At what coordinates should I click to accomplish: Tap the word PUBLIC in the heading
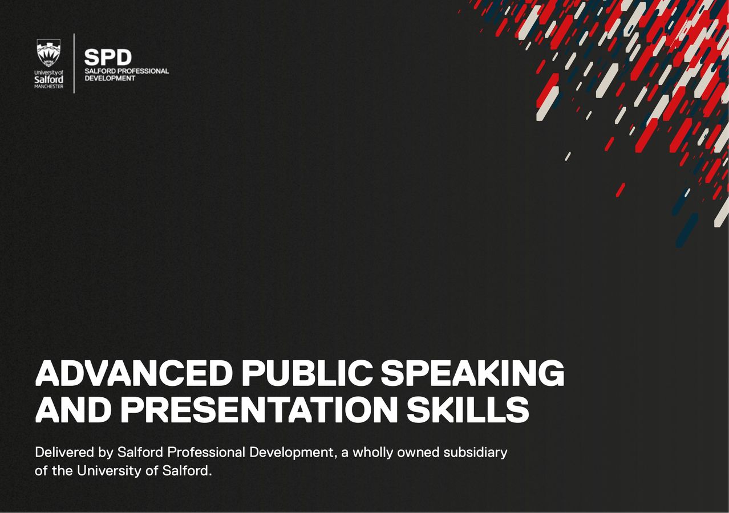pyautogui.click(x=306, y=374)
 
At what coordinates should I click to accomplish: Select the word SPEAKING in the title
pyautogui.click(x=472, y=374)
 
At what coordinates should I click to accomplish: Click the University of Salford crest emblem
pyautogui.click(x=48, y=52)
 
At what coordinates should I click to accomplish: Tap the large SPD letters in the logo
pyautogui.click(x=108, y=57)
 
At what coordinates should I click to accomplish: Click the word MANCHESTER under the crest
pyautogui.click(x=48, y=87)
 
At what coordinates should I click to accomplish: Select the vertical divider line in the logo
pyautogui.click(x=74, y=63)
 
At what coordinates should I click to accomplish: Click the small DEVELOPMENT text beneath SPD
pyautogui.click(x=110, y=78)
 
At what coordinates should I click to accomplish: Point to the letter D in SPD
pyautogui.click(x=123, y=57)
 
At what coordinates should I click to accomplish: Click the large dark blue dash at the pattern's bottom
pyautogui.click(x=687, y=229)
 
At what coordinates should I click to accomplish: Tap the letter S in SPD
pyautogui.click(x=92, y=57)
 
